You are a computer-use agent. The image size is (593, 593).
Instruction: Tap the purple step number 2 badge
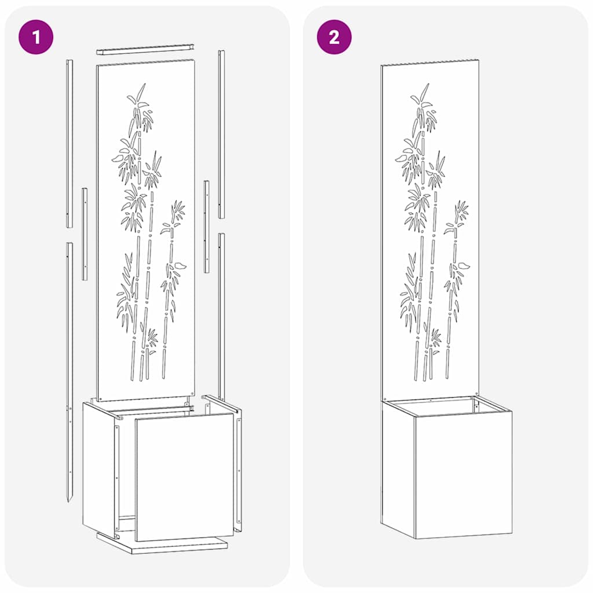334,38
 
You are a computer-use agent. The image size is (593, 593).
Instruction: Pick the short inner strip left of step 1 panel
85,233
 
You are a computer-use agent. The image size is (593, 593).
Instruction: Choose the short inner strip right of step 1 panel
207,226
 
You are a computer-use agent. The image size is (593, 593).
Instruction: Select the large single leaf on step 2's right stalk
464,266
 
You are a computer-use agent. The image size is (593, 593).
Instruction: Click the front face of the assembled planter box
463,475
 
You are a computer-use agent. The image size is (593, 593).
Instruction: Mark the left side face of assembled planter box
398,466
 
